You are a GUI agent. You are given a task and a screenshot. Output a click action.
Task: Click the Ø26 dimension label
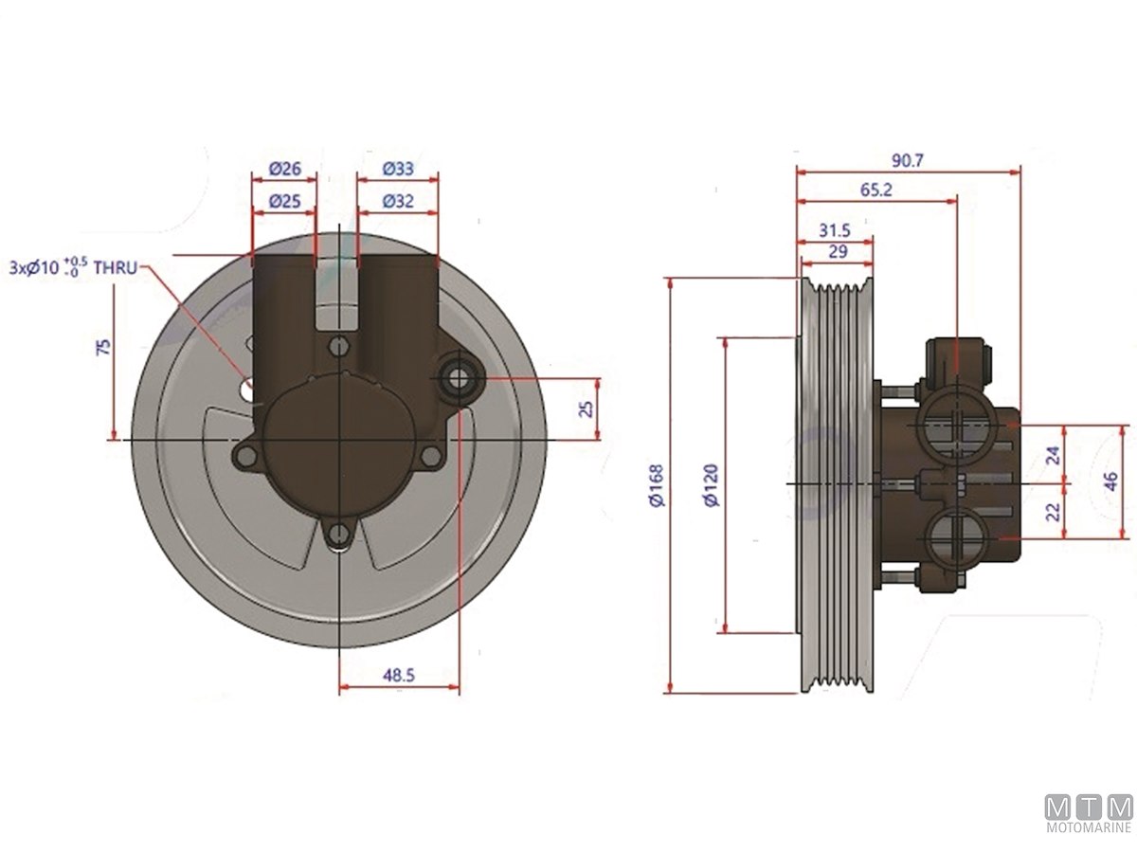coord(285,169)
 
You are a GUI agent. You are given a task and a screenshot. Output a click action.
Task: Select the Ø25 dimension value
coord(285,201)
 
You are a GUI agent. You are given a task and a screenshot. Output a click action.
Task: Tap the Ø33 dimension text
coord(398,169)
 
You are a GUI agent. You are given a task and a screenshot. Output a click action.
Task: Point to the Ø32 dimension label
coord(398,201)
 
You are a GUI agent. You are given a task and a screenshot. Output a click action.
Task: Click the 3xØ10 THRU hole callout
coord(74,267)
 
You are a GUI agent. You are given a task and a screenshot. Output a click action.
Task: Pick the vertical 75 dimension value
coord(104,347)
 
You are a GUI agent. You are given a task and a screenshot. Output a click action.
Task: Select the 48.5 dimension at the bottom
coord(399,675)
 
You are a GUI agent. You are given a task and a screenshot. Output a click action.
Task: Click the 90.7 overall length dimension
coord(907,160)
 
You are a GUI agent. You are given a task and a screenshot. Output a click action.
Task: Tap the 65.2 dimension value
coord(876,191)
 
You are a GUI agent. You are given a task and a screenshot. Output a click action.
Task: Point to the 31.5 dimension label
coord(835,230)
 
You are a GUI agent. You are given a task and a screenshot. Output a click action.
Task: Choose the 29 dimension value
coord(839,252)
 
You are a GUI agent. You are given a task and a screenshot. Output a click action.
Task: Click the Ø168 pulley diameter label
coord(657,486)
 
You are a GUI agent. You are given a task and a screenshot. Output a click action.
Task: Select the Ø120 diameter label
coord(713,486)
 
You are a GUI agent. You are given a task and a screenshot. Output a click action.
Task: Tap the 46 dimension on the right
coord(1110,481)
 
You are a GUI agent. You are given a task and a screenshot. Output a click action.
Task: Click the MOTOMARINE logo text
coord(1089,843)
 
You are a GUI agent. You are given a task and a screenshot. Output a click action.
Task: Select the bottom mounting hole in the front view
coord(338,533)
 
